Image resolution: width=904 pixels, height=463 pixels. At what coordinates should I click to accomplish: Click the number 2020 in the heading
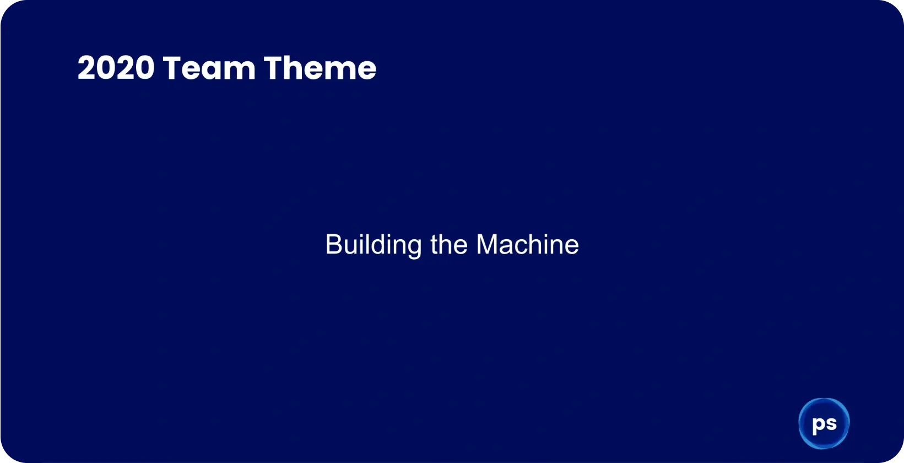116,68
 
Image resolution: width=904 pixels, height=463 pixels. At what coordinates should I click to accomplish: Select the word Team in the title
209,68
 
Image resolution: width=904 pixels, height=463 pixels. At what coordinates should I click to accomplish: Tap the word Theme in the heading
320,68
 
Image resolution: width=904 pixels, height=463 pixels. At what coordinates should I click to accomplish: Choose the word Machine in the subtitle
527,245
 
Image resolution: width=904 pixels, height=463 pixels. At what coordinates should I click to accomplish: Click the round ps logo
824,423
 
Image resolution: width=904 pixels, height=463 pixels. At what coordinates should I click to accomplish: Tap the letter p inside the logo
818,425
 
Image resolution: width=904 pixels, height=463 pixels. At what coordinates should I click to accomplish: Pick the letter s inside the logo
831,423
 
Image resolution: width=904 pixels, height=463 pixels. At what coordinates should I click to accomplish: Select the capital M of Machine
486,245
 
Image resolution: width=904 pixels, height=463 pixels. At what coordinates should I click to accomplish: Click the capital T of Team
172,68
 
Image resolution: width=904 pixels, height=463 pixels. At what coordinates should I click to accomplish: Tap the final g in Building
414,246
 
